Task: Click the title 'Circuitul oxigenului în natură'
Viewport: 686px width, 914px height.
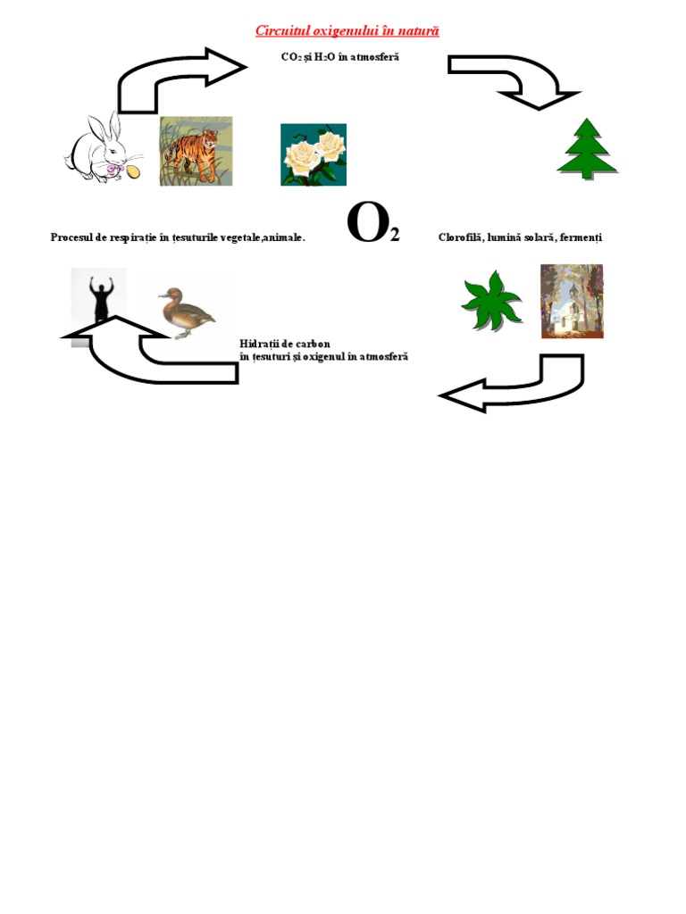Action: coord(347,31)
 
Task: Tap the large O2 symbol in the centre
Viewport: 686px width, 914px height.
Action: coord(373,222)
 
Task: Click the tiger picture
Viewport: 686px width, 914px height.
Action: coord(196,151)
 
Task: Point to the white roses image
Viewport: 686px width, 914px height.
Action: coord(314,154)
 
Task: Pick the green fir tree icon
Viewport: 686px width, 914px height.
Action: coord(587,149)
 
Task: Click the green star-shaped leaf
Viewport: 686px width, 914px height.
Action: coord(491,301)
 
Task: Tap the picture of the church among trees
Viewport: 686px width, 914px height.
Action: coord(572,302)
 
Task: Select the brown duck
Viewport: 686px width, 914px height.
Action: coord(187,312)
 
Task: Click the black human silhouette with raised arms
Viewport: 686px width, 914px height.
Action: coord(100,298)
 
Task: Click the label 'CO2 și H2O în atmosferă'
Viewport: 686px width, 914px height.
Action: coord(340,57)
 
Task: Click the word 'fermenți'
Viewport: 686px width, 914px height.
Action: coord(581,237)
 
